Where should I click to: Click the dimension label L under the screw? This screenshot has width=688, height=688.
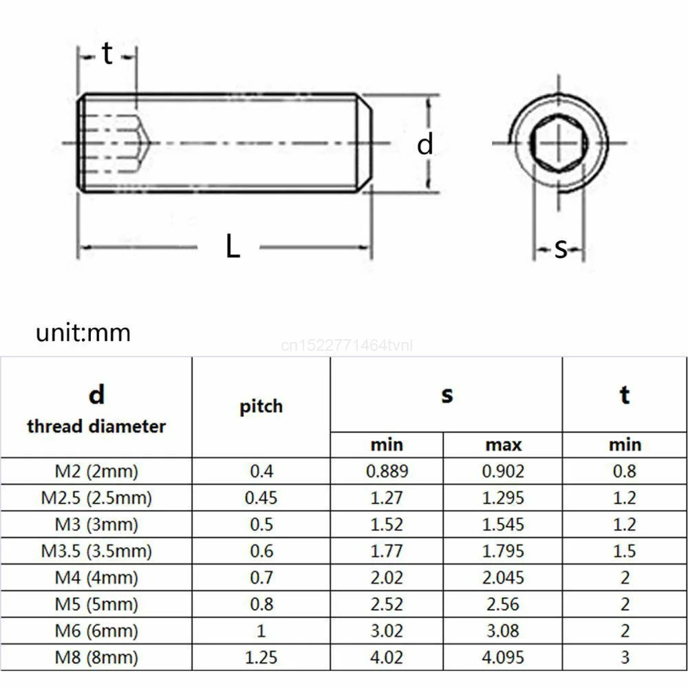coord(233,247)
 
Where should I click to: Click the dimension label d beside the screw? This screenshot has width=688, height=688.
coord(426,145)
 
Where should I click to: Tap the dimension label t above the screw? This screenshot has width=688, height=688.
coord(107,54)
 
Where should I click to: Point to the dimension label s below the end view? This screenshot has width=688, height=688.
coord(561,248)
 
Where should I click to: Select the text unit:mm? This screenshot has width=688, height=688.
coord(83,333)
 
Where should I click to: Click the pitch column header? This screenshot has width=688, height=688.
coord(261,406)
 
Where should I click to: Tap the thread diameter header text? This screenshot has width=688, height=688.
coord(96,427)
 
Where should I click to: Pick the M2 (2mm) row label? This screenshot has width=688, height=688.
coord(96,471)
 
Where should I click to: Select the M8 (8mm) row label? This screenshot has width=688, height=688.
coord(96,657)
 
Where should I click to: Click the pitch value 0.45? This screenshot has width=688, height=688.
coord(261,497)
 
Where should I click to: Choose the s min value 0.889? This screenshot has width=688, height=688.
coord(387,471)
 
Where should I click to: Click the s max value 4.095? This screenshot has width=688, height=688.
coord(503,657)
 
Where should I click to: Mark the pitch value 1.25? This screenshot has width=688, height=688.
coord(261,657)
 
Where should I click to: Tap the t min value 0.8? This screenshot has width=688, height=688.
coord(624,471)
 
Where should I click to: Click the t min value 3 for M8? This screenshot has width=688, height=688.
coord(624,657)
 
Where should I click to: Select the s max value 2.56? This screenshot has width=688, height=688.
coord(503,604)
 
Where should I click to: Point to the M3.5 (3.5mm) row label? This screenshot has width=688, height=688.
coord(96,551)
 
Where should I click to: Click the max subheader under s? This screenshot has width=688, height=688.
coord(503,444)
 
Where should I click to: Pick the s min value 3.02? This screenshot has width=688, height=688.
coord(387,630)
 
